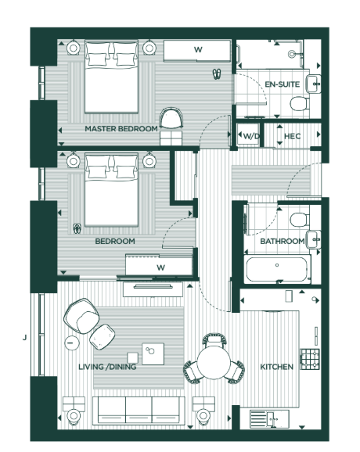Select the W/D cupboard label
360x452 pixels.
point(250,136)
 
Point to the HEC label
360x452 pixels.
point(292,136)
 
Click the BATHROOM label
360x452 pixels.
point(282,242)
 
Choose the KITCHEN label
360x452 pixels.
point(277,367)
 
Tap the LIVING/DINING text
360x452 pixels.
point(110,367)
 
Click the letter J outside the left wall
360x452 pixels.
point(25,338)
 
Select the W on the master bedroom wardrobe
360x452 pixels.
point(198,50)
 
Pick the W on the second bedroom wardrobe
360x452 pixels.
point(160,267)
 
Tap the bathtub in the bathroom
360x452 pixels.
point(277,270)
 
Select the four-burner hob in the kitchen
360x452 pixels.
point(312,360)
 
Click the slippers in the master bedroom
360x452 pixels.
point(217,74)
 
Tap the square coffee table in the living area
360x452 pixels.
point(152,353)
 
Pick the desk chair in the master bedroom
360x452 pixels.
point(170,120)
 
